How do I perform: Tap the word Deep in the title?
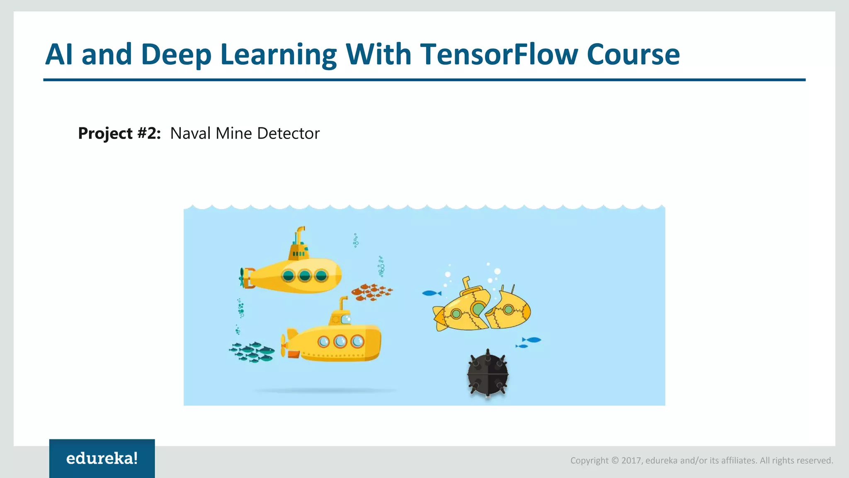tap(176, 55)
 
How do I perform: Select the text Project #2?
tap(119, 134)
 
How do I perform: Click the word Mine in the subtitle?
tap(233, 134)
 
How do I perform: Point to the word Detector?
tap(288, 134)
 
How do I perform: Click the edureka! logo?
tap(102, 458)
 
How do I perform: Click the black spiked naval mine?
tap(488, 374)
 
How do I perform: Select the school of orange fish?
tap(371, 292)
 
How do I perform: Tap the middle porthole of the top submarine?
tap(305, 276)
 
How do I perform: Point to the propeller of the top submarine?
tap(242, 278)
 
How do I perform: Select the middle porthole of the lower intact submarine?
tap(340, 341)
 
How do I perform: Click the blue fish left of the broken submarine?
tap(431, 293)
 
